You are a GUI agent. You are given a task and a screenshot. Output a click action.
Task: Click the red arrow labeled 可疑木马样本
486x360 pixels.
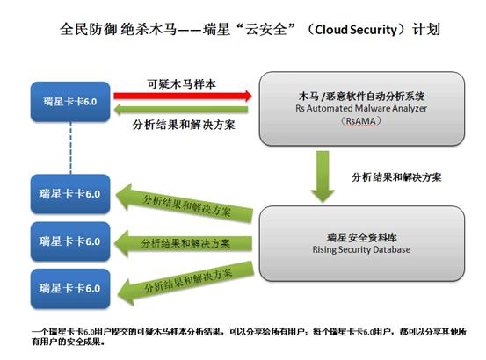183,96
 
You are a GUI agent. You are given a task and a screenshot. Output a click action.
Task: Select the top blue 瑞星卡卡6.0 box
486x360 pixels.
70,102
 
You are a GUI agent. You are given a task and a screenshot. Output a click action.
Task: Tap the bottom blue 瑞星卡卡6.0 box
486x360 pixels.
70,289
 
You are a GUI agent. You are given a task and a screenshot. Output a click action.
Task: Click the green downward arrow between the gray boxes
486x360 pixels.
323,176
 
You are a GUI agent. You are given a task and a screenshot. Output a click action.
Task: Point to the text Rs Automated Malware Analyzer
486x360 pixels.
361,108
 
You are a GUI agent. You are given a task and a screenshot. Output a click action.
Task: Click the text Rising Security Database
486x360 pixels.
361,249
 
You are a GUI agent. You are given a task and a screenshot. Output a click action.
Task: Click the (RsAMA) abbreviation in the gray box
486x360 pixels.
361,120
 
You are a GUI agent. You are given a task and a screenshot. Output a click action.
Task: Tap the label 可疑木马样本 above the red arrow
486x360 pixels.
181,84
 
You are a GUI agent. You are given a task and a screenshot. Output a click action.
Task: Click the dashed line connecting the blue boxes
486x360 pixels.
70,148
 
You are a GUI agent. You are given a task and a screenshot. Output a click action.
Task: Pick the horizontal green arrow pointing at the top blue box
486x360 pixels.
181,110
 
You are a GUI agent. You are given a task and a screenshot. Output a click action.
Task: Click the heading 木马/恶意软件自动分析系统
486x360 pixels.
361,97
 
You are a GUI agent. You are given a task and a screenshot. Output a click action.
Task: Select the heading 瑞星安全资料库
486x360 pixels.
362,237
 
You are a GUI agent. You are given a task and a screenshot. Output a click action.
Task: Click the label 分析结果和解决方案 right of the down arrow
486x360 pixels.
396,177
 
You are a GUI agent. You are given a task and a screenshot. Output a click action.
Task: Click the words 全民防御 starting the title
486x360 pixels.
89,30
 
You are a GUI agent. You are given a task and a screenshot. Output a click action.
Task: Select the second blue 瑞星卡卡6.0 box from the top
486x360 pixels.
70,194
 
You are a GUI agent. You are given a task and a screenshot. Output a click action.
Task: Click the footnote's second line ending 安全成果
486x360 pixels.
68,342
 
